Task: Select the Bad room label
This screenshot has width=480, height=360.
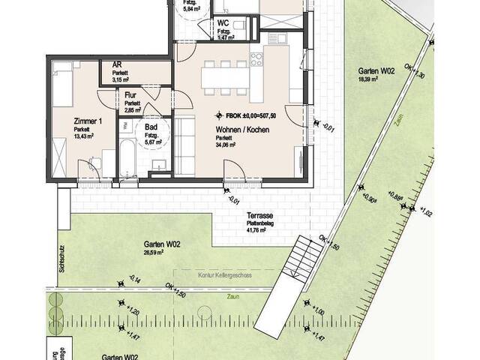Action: coord(150,127)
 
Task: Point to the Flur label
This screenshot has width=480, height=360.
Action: coord(130,95)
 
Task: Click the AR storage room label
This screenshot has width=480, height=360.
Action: coord(117,65)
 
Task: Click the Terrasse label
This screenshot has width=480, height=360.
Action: coord(258,214)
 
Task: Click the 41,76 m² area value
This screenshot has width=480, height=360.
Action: coord(258,231)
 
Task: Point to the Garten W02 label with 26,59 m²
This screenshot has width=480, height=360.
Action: coord(162,244)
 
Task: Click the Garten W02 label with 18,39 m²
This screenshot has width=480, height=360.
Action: coord(376,71)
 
